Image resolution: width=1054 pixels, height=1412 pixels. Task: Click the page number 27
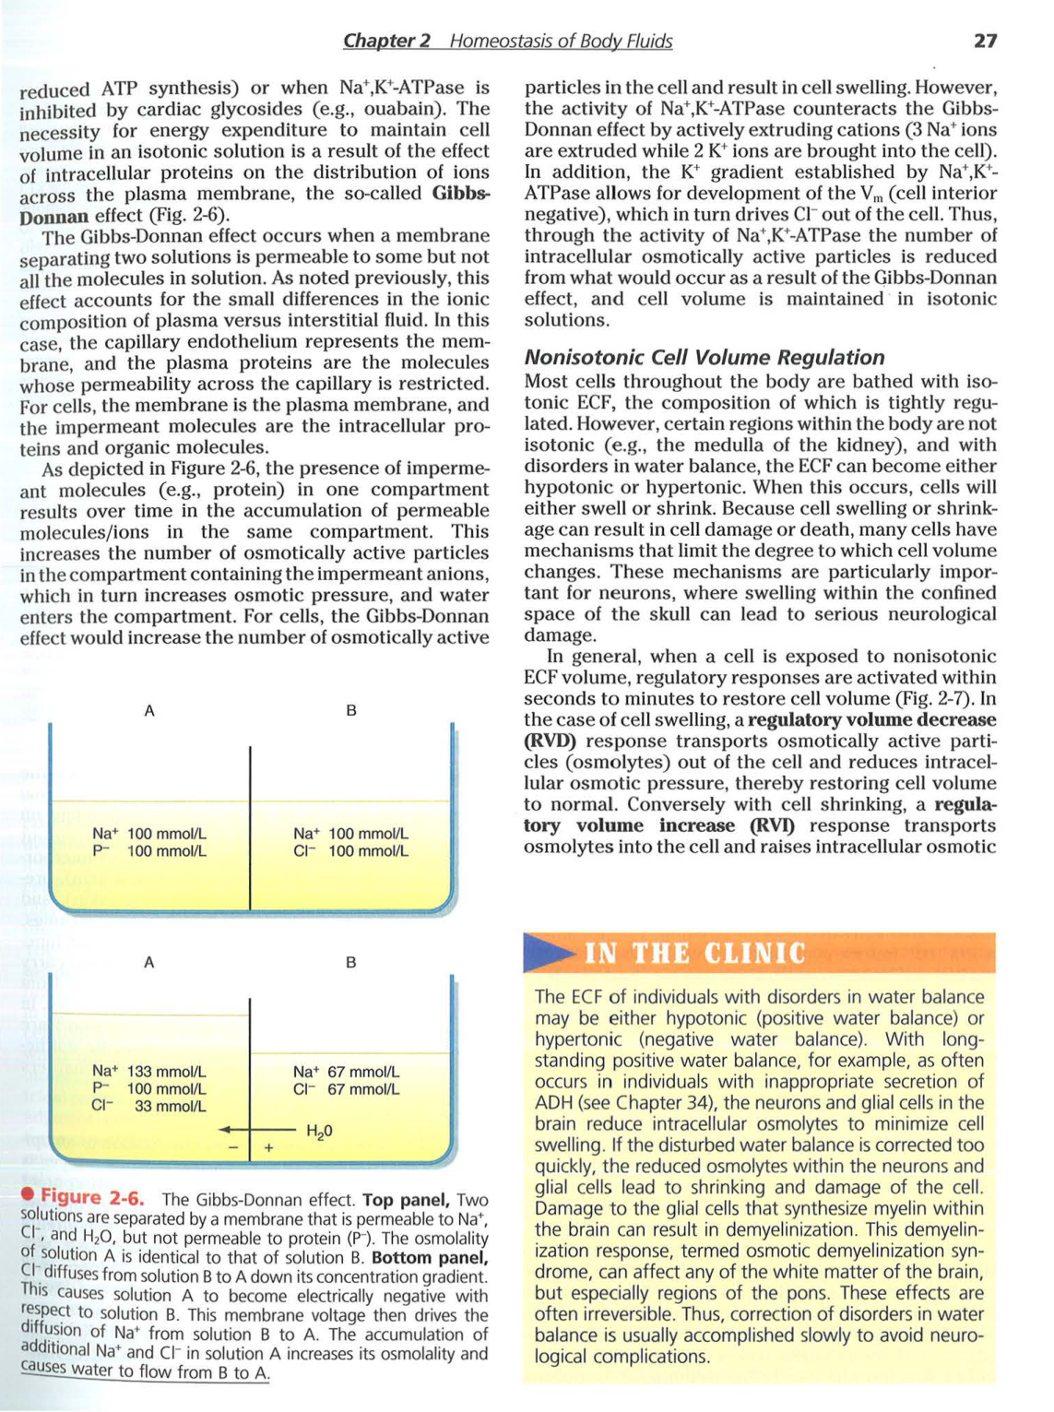point(985,41)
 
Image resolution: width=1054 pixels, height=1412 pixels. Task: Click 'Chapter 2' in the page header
point(386,41)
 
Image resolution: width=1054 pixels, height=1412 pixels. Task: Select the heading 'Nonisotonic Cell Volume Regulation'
point(704,357)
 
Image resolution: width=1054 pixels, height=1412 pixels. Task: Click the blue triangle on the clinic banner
point(550,953)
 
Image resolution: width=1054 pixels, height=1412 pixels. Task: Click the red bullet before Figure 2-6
point(29,1196)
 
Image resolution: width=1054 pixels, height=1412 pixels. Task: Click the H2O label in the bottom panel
point(319,1131)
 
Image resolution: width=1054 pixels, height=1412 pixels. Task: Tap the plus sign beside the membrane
point(268,1148)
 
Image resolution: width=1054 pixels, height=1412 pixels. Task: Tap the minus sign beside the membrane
point(233,1148)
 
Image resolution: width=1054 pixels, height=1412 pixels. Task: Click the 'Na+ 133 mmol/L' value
point(149,1072)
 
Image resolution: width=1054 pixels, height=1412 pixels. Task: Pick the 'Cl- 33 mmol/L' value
point(149,1107)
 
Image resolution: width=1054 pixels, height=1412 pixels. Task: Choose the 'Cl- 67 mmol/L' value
point(346,1089)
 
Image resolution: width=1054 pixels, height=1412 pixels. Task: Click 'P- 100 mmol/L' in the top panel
point(149,851)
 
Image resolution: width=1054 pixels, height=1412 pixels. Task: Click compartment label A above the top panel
point(149,710)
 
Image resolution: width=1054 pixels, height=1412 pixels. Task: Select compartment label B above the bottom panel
point(350,962)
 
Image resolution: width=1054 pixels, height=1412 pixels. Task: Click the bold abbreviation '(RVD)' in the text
point(551,742)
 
